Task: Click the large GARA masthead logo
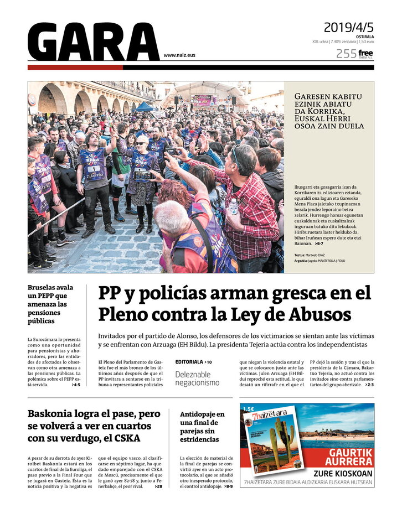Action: click(93, 43)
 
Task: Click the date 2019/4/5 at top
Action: click(348, 27)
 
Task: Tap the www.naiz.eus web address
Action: click(179, 55)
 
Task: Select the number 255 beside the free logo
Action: click(346, 54)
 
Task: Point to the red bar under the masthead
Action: click(75, 68)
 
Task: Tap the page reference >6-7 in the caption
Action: click(319, 243)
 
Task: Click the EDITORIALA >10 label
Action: click(193, 362)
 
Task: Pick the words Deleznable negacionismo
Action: click(198, 379)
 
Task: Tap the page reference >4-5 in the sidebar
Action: click(76, 385)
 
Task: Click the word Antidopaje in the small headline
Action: click(202, 413)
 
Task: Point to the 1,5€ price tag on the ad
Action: click(249, 409)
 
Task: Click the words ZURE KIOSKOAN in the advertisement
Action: click(343, 474)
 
